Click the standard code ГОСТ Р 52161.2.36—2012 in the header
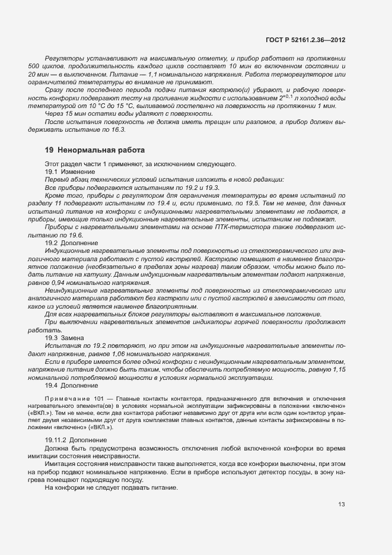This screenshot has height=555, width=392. pos(310,39)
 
